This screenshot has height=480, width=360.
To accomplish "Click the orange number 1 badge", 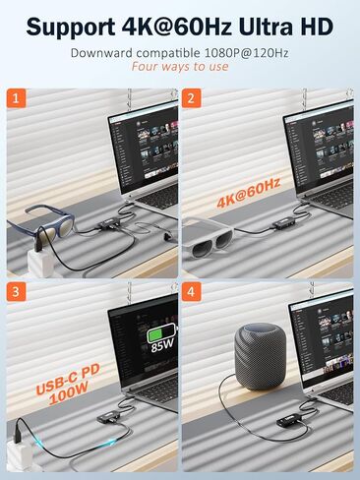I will click(x=17, y=99).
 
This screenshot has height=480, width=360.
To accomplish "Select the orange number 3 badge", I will click(x=17, y=293).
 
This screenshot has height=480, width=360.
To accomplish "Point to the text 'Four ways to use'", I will click(x=180, y=67).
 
